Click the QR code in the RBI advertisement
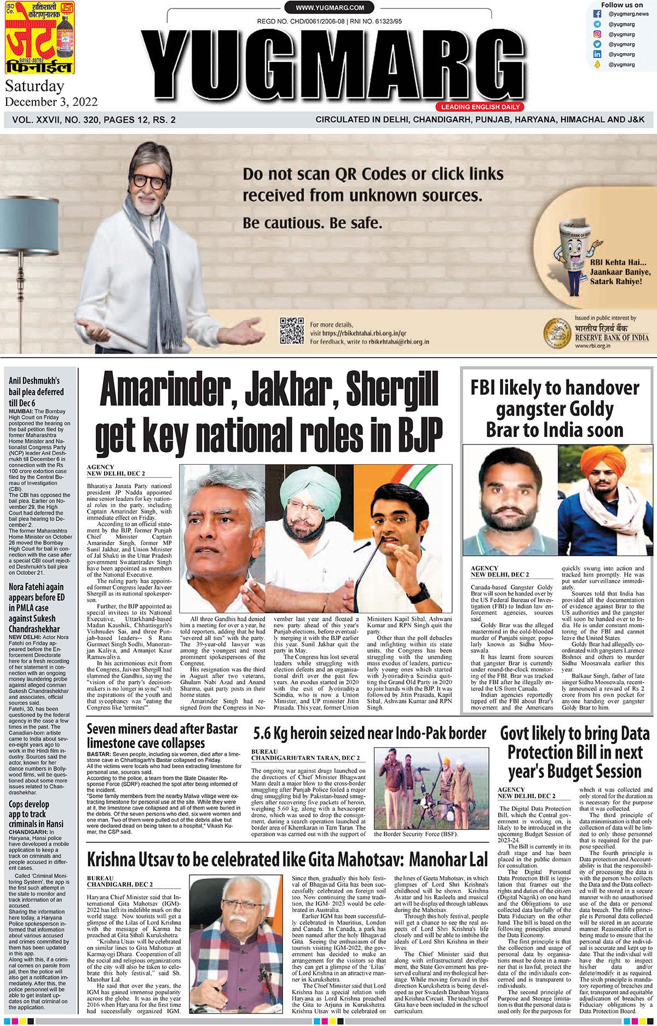[x=291, y=330]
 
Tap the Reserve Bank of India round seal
[x=556, y=334]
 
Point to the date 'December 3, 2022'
[x=51, y=102]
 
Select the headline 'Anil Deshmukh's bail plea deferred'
[x=36, y=391]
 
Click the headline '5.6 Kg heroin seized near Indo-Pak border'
[x=370, y=733]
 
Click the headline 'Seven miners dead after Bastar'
[x=162, y=729]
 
